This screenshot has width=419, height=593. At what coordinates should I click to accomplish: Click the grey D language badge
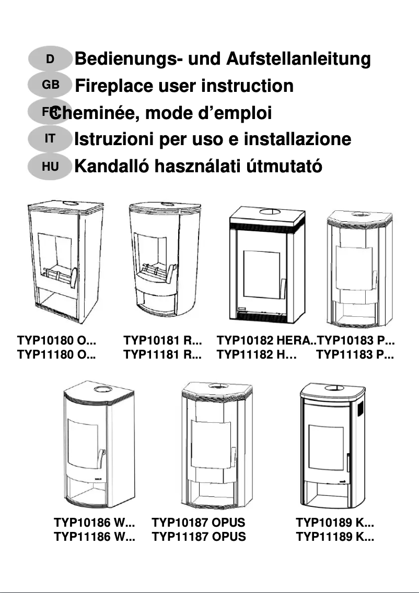50,59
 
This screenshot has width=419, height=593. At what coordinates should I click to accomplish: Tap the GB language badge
50,85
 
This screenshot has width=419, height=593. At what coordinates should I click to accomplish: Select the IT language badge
50,139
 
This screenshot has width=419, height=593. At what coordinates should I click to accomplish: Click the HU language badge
50,167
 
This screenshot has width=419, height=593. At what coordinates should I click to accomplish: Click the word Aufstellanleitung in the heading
298,60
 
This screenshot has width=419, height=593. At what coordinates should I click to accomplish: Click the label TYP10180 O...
57,341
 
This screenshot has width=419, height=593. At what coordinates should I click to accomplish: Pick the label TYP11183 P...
355,355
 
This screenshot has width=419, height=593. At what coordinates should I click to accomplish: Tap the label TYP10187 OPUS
199,523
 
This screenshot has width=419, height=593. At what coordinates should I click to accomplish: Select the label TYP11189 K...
335,537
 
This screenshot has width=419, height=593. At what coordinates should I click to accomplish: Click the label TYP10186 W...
95,523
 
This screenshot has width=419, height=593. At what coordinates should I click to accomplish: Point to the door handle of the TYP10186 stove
98,458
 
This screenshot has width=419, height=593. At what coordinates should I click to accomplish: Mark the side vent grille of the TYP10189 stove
359,409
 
